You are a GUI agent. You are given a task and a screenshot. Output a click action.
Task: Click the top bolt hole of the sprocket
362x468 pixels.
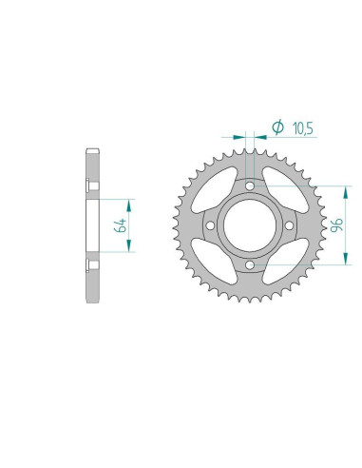click(x=248, y=185)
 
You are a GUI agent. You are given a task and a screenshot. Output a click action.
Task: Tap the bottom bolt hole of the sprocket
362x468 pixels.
click(x=248, y=265)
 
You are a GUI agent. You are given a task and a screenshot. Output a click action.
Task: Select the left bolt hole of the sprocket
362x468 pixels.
click(x=208, y=225)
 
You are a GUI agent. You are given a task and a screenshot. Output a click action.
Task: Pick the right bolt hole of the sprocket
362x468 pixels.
click(x=288, y=225)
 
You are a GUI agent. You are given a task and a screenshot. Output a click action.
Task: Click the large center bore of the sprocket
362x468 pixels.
click(x=248, y=225)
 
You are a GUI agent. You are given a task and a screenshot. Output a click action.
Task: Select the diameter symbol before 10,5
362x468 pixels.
click(x=278, y=126)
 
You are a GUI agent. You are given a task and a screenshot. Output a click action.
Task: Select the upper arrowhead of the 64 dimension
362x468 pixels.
click(x=126, y=202)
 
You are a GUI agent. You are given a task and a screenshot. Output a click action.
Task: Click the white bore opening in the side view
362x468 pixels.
click(x=92, y=225)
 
